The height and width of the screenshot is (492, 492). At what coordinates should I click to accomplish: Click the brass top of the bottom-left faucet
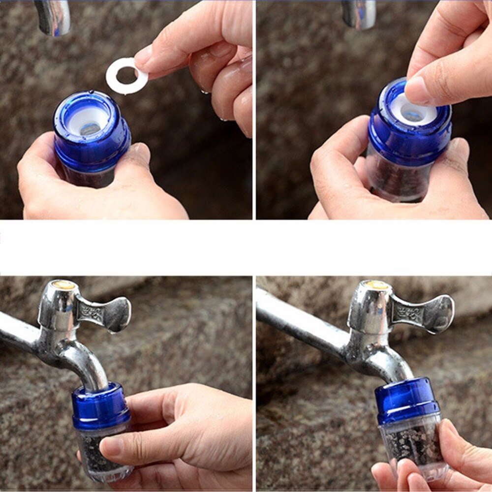(64, 284)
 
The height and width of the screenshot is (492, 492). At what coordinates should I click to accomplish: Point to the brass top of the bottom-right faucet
(376, 284)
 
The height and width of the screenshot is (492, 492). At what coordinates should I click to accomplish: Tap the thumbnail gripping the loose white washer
(144, 56)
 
